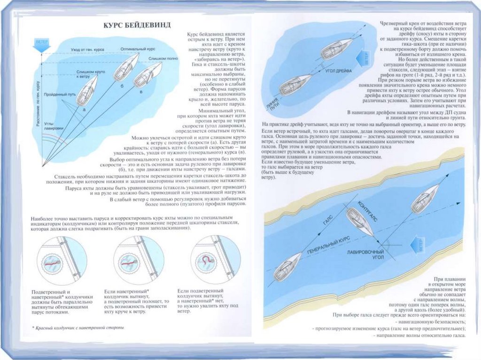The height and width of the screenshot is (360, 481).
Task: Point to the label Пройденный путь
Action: (60, 95)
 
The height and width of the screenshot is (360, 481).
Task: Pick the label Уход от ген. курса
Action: (85, 49)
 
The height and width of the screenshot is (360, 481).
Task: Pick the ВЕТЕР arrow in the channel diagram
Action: (422, 245)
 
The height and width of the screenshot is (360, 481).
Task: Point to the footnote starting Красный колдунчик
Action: (78, 327)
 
